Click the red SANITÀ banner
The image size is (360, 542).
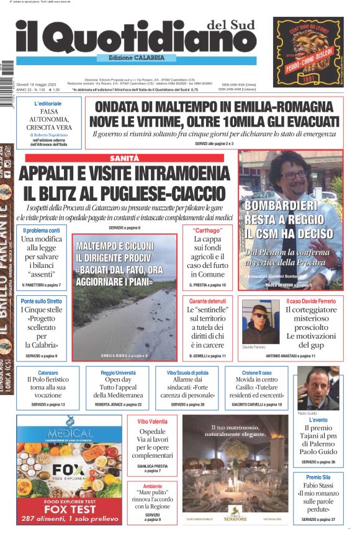click(x=124, y=158)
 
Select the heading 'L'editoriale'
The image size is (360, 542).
click(x=48, y=104)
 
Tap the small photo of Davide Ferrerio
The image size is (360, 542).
click(x=261, y=322)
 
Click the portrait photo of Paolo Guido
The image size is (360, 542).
click(x=318, y=388)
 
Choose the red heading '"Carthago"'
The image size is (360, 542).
click(x=207, y=230)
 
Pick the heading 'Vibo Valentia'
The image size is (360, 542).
click(x=152, y=421)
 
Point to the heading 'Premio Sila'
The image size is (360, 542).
click(x=318, y=477)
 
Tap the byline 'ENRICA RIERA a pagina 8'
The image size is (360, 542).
click(x=124, y=355)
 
